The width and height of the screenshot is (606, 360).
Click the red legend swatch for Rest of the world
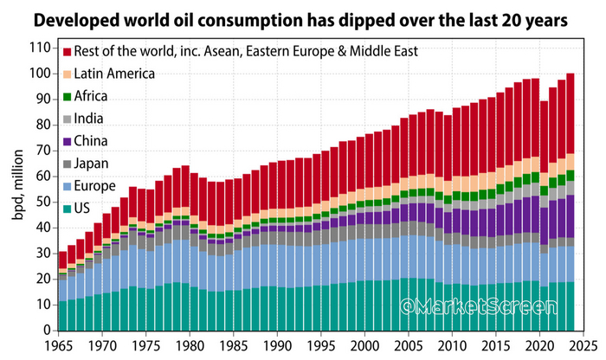coord(68,51)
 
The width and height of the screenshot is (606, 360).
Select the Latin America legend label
coord(114,73)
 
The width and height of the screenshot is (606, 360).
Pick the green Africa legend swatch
coord(68,95)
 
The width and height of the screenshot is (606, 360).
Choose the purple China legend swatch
coord(68,138)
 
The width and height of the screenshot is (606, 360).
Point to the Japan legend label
coord(93,161)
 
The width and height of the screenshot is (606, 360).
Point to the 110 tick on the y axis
coord(39,48)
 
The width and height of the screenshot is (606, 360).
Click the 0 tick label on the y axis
coord(46,330)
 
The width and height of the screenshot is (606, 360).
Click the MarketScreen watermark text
coord(503,306)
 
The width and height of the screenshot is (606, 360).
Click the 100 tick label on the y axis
coord(39,74)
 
